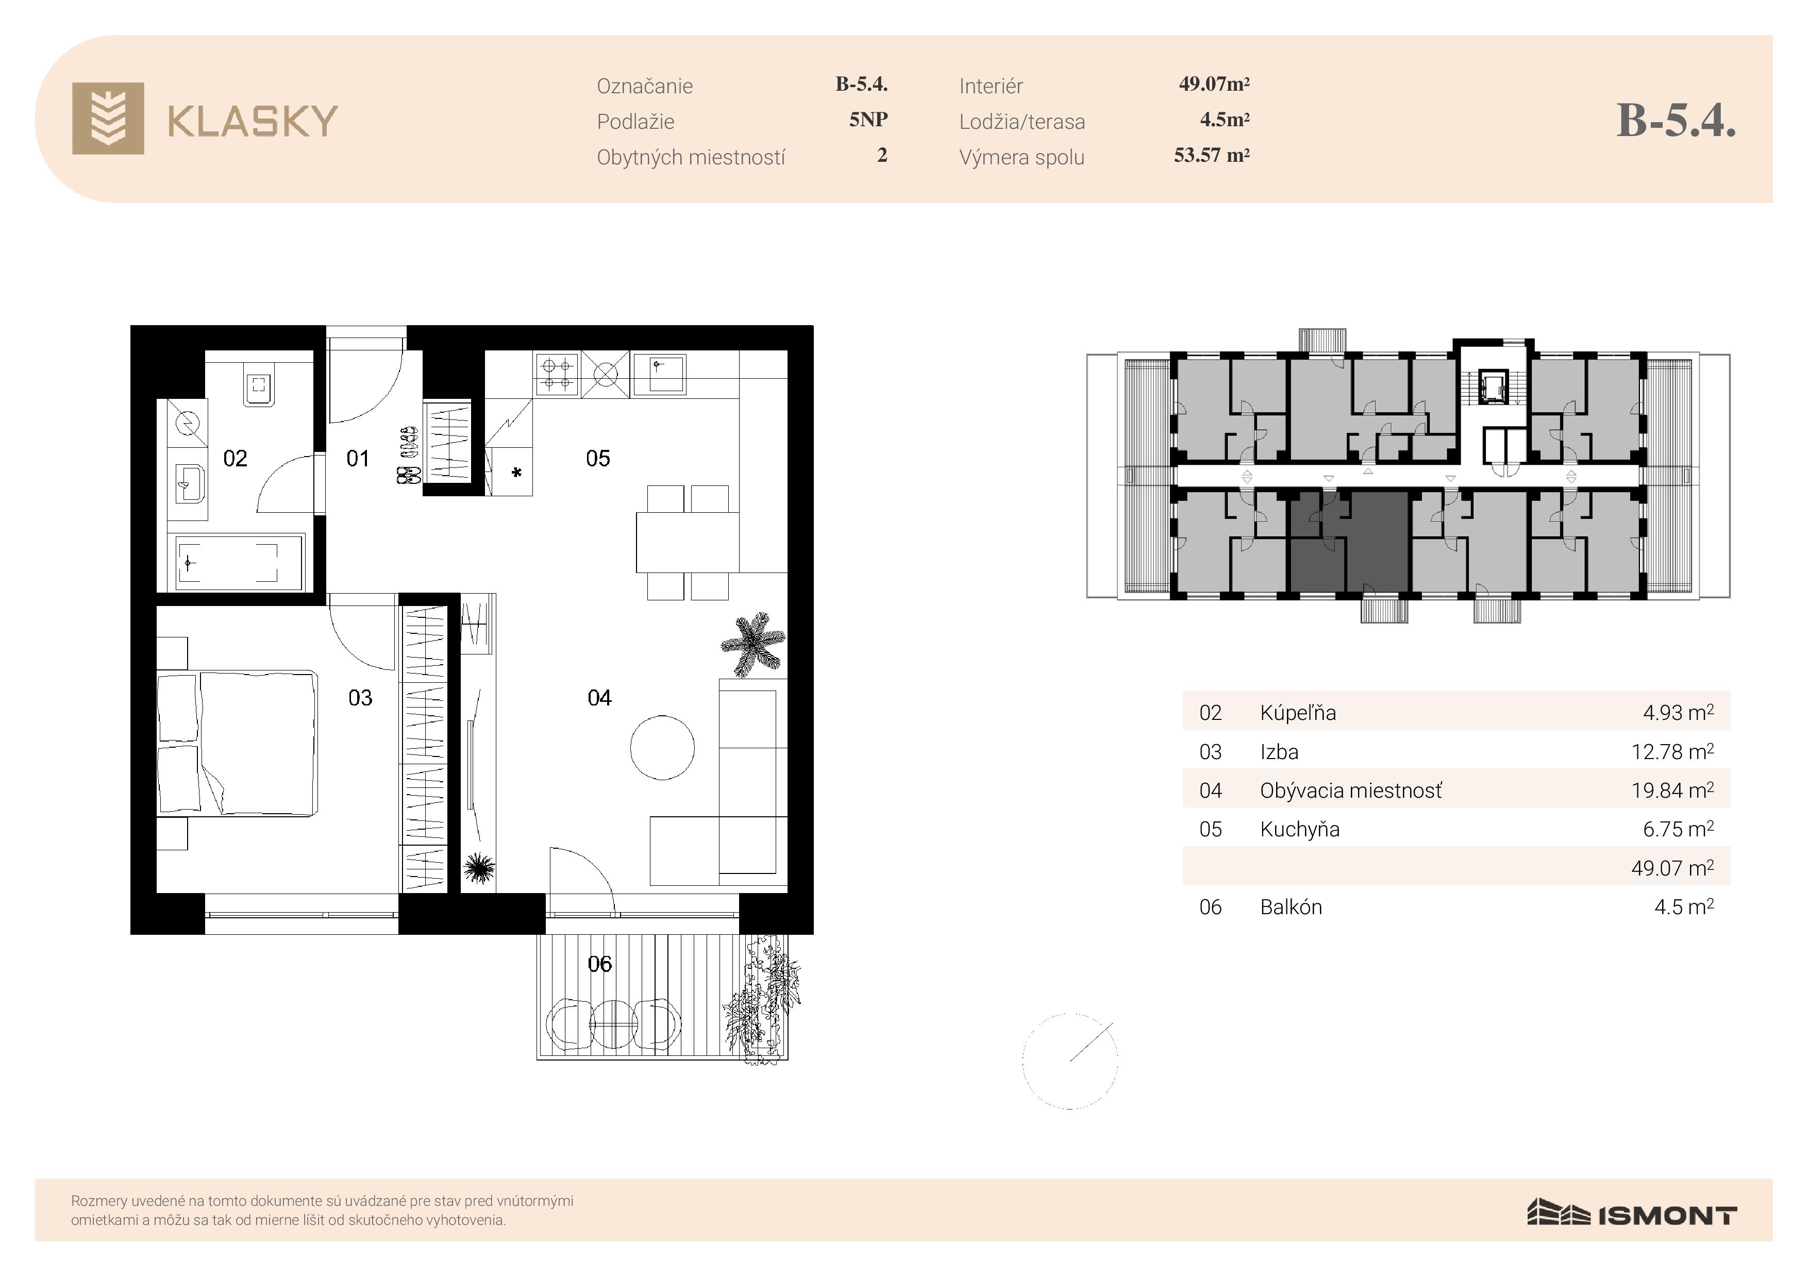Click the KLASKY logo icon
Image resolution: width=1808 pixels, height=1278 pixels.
(x=108, y=118)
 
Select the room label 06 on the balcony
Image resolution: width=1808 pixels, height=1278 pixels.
(x=599, y=963)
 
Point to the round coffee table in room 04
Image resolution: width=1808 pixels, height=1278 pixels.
(x=662, y=747)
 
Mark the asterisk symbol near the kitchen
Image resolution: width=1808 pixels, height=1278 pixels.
(x=516, y=473)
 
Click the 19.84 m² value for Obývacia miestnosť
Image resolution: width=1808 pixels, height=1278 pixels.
(x=1672, y=790)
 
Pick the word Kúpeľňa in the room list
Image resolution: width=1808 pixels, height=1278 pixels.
(x=1298, y=713)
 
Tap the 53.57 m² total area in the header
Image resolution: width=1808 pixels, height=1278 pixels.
(x=1212, y=155)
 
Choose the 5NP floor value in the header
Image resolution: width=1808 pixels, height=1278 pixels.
(x=868, y=120)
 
